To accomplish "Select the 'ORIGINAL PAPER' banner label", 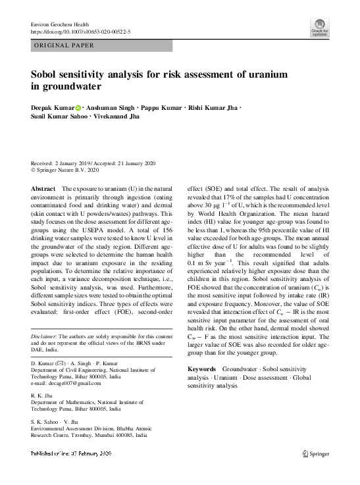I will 63,45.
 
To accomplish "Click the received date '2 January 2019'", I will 77,163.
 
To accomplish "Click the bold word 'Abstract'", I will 43,189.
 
